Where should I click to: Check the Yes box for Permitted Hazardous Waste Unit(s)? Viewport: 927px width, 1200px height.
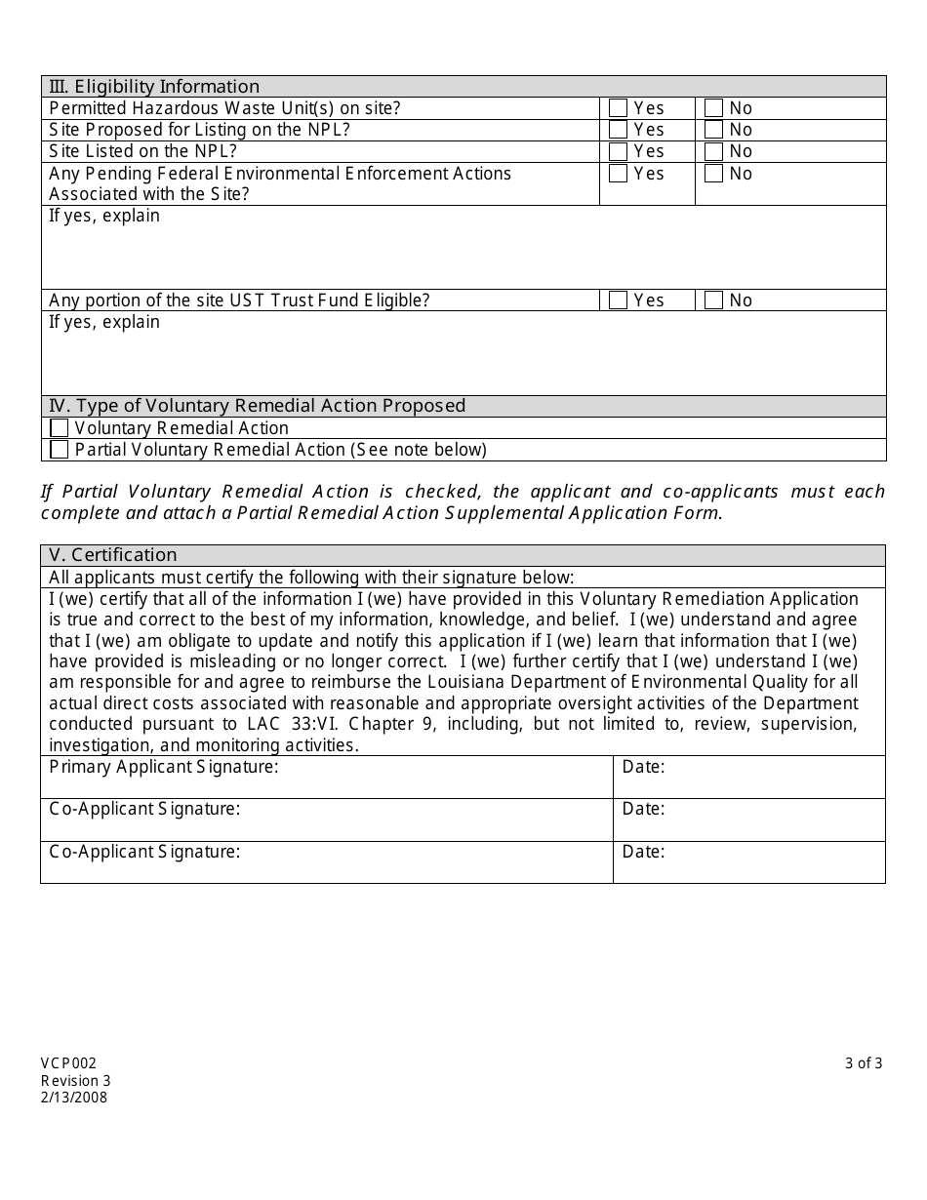[618, 108]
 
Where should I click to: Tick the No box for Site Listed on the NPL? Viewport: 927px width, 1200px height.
[713, 151]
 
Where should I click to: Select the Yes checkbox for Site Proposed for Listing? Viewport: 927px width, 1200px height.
[618, 130]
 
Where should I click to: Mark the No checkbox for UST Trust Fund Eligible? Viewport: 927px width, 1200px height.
[713, 300]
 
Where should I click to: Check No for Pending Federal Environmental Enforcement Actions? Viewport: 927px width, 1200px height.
[713, 174]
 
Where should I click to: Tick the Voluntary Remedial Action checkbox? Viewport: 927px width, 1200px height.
[60, 428]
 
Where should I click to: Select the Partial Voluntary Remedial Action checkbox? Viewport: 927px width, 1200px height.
[60, 450]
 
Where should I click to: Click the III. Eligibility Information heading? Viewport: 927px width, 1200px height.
[154, 87]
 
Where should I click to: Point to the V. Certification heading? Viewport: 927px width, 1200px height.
[113, 555]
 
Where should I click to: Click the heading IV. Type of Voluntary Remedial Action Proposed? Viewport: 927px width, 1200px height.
[258, 406]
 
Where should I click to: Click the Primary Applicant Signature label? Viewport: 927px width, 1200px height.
[163, 767]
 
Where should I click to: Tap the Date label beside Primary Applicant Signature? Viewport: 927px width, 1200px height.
[643, 767]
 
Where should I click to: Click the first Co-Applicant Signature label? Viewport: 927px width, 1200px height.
[144, 809]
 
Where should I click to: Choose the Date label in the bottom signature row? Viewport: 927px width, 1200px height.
[643, 852]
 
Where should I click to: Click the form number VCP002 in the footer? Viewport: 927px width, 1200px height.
[68, 1063]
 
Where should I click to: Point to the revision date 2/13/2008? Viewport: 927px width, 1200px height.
[74, 1097]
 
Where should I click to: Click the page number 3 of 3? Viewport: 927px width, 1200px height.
[864, 1063]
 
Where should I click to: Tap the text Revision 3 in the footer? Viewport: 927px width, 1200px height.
[76, 1080]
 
